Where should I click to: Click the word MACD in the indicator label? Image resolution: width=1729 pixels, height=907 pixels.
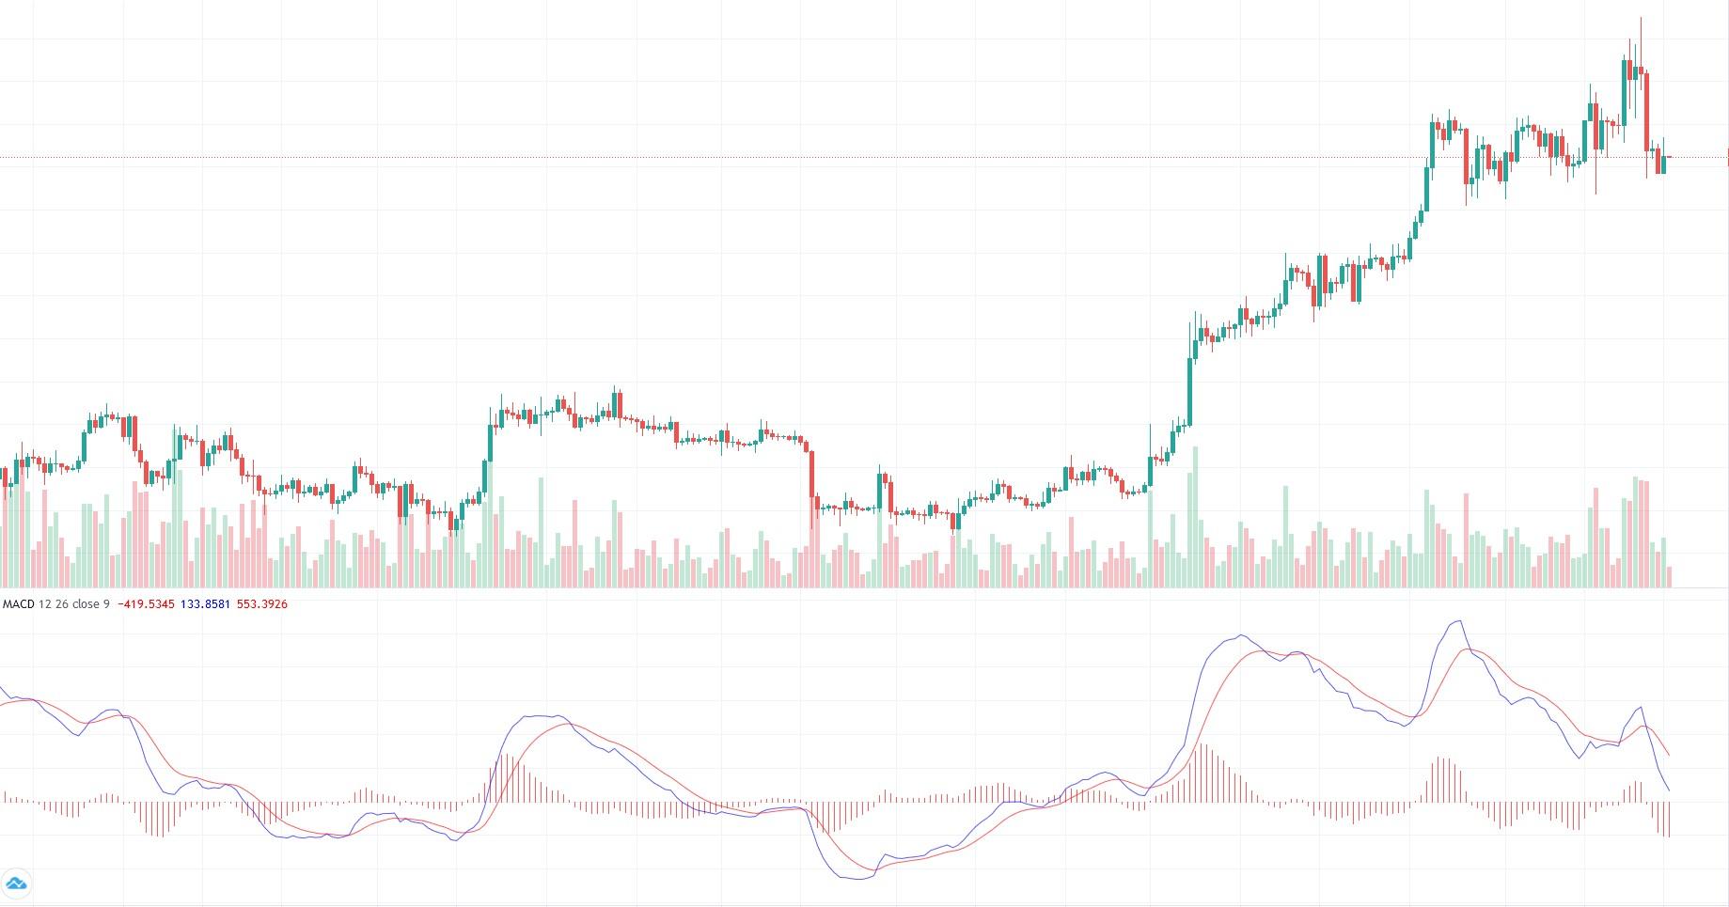click(x=19, y=604)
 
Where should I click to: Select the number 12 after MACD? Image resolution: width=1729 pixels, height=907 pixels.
click(x=44, y=604)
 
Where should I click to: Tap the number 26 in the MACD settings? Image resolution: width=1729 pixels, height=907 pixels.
click(x=61, y=604)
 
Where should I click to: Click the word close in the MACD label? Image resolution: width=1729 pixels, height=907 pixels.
click(x=86, y=604)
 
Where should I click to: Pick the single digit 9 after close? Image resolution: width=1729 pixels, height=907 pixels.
click(x=106, y=604)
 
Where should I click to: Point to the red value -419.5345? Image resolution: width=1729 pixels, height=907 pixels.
click(x=146, y=604)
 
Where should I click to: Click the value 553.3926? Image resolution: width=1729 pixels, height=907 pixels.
click(x=261, y=604)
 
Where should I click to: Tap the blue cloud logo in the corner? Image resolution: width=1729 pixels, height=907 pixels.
click(x=16, y=884)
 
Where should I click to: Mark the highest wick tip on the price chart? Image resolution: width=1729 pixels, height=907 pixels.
click(x=1641, y=18)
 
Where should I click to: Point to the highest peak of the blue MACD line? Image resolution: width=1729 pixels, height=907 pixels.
click(x=1458, y=621)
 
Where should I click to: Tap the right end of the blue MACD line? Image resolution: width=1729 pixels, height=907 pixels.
click(x=1669, y=790)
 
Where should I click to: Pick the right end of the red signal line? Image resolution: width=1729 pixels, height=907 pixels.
click(x=1669, y=755)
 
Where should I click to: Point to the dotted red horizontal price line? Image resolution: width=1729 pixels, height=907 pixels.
click(x=846, y=157)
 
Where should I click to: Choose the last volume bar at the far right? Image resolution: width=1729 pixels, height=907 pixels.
click(x=1670, y=577)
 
